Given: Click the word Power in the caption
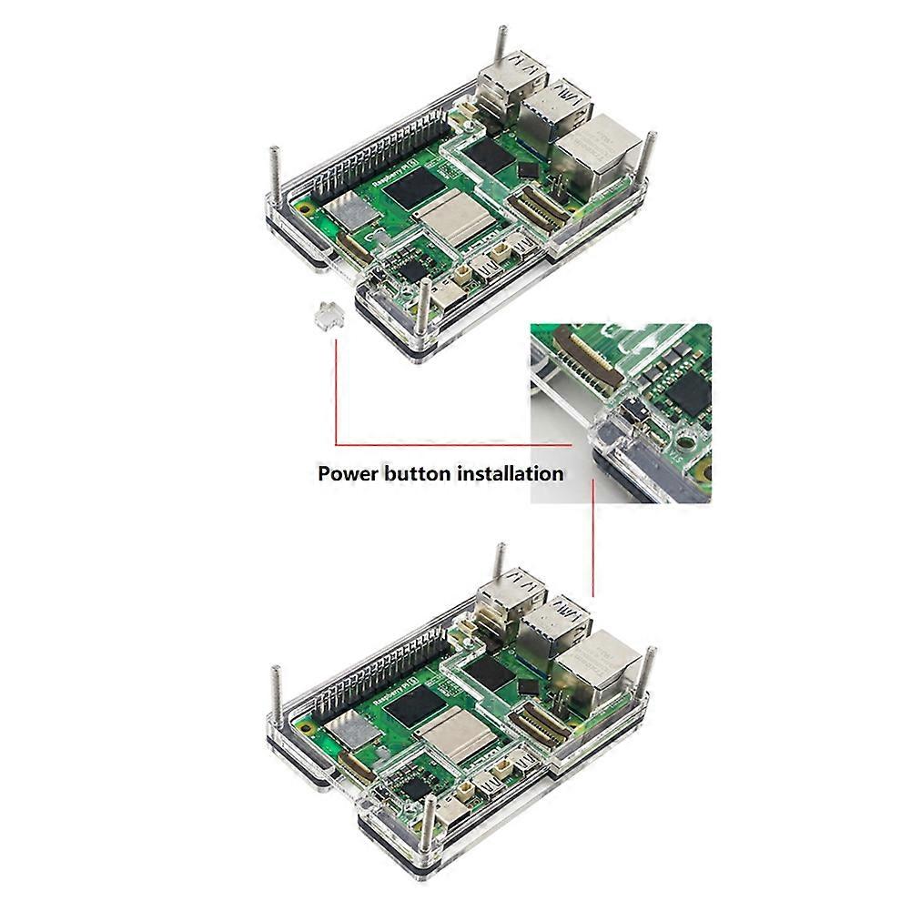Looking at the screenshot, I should [348, 473].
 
